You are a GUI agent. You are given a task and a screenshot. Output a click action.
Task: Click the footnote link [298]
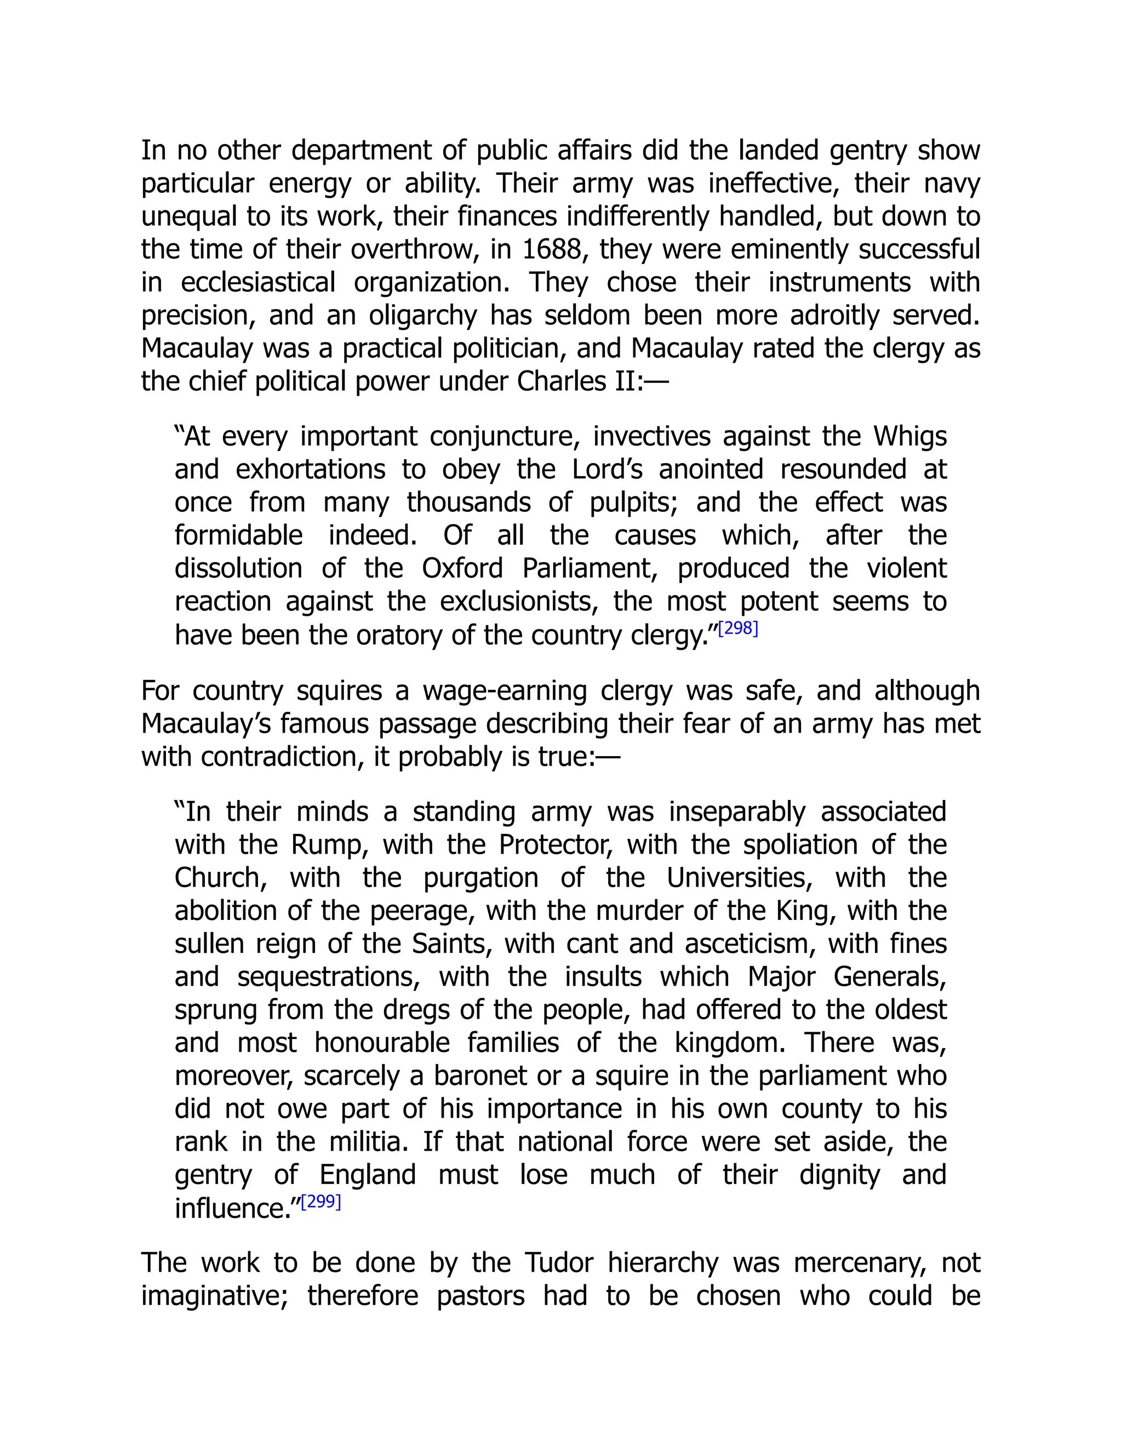click(738, 628)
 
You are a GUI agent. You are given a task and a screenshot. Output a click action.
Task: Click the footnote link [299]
click(321, 1202)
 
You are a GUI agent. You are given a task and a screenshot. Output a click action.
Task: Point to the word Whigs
click(910, 437)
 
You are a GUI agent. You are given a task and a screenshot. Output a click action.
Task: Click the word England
click(368, 1175)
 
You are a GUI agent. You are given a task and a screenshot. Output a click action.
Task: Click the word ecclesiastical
click(258, 283)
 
